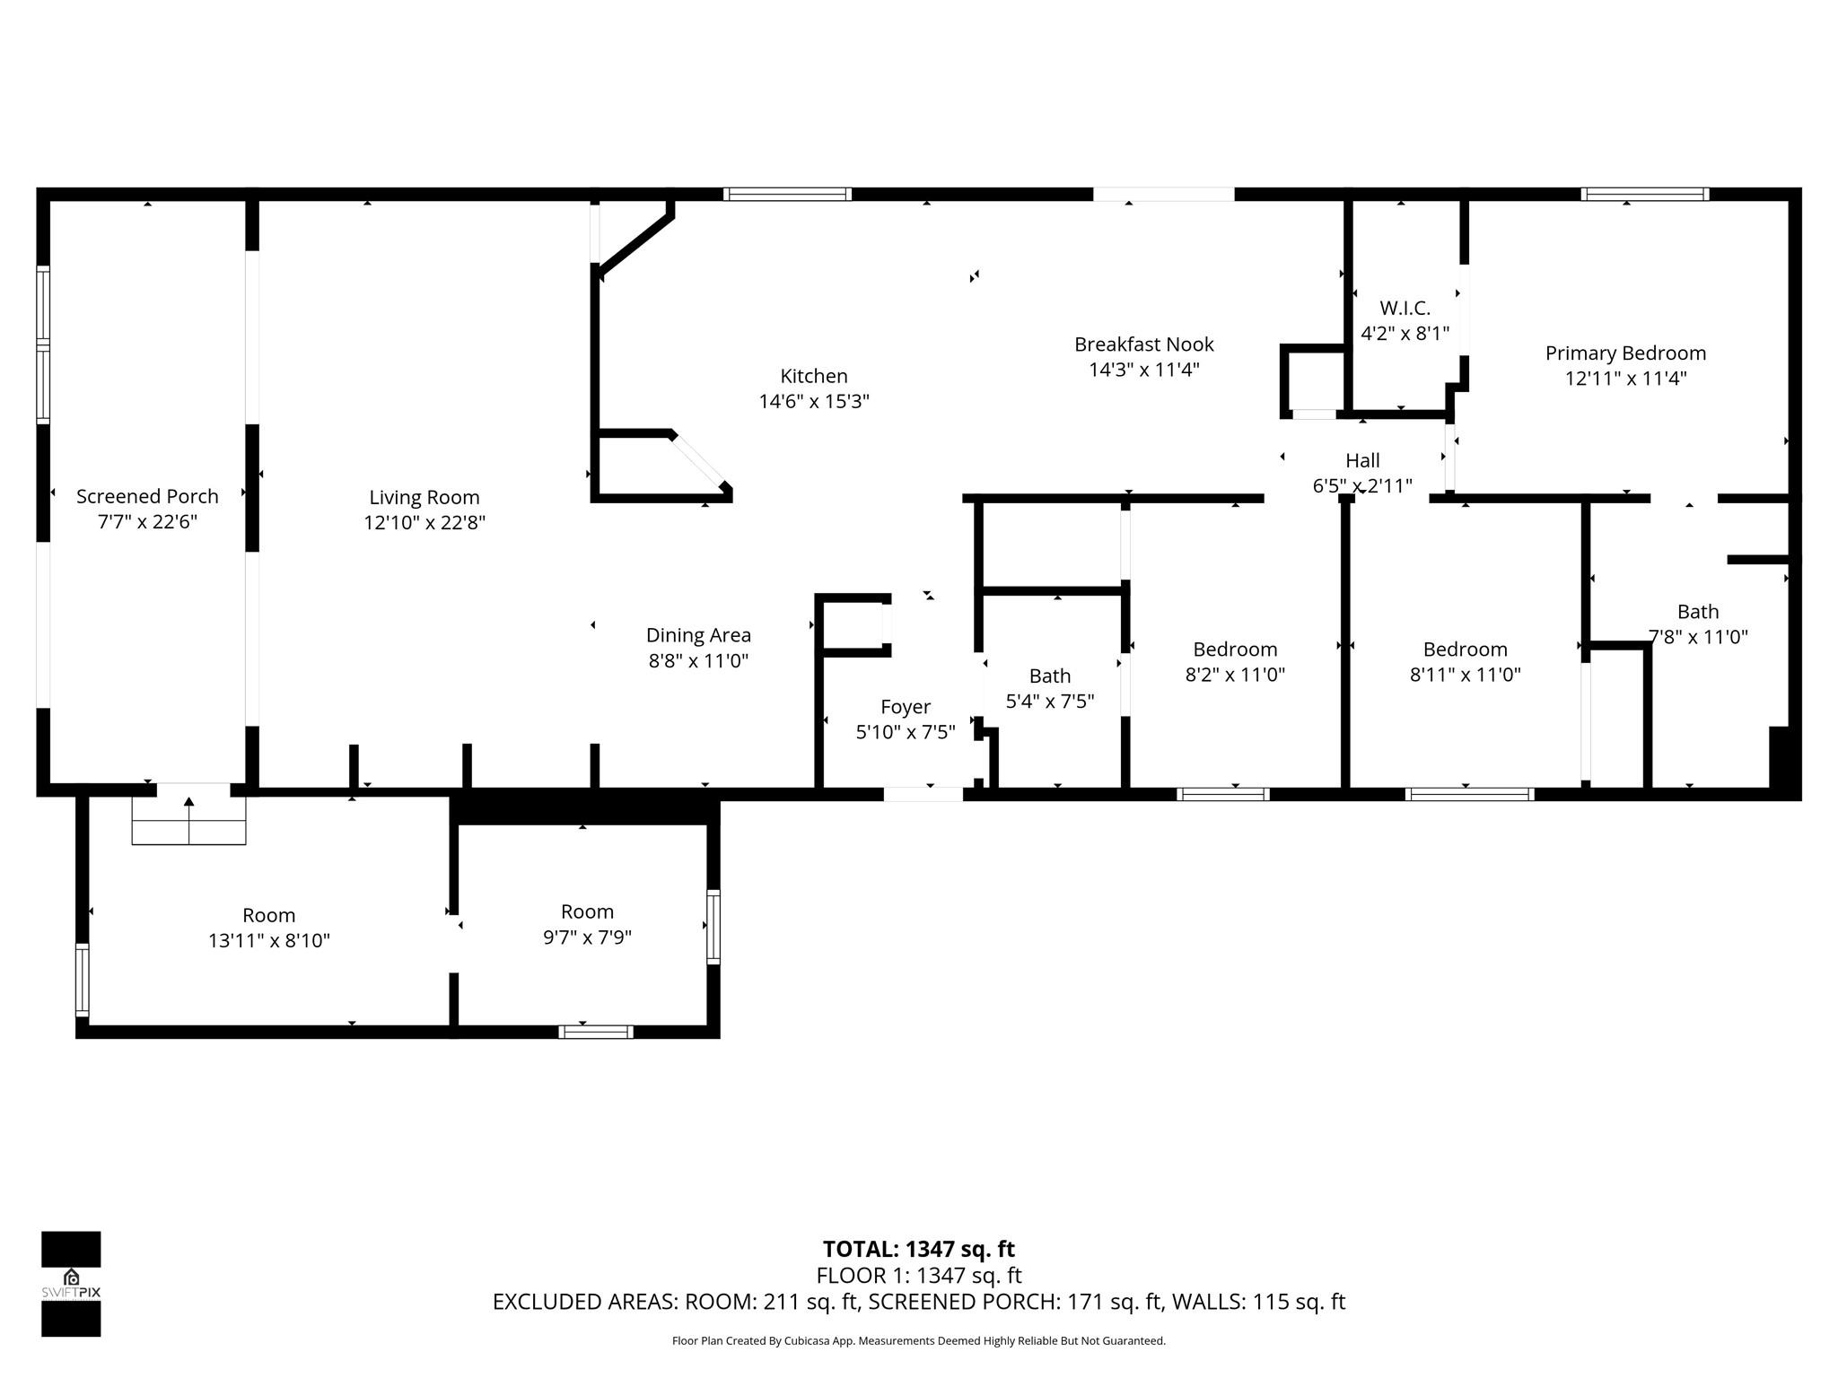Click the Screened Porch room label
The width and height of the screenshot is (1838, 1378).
(x=147, y=496)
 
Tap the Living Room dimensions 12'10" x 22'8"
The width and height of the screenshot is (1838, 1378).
(x=424, y=522)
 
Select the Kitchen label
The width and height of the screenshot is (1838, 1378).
(x=813, y=376)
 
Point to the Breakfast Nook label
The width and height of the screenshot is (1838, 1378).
(x=1143, y=344)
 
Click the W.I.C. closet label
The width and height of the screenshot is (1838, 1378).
(x=1405, y=308)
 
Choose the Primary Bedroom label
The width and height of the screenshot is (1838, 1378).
(x=1624, y=353)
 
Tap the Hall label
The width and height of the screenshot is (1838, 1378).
(x=1361, y=460)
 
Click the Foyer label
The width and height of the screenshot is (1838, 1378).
(x=905, y=707)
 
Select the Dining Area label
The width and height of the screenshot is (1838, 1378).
(x=698, y=635)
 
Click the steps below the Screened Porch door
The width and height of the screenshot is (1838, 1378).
(x=188, y=820)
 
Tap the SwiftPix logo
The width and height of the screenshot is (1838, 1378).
(x=71, y=1283)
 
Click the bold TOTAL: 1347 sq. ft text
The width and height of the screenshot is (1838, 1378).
(x=918, y=1249)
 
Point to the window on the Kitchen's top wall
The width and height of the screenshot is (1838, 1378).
(x=787, y=194)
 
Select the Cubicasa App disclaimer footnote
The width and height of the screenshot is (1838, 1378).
(x=918, y=1341)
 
